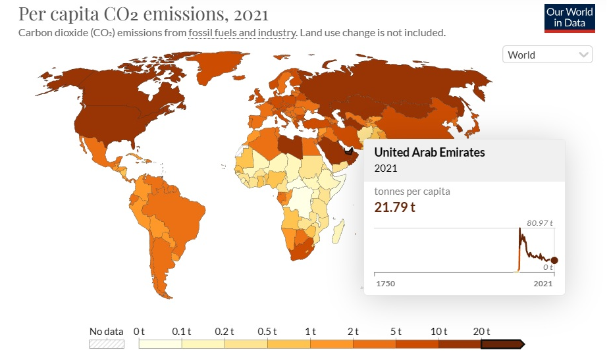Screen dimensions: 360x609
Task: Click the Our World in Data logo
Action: (569, 18)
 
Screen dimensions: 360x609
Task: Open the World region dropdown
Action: (547, 55)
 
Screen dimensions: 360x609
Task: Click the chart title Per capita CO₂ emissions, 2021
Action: (144, 13)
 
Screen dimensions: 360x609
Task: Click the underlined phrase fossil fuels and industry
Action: (242, 32)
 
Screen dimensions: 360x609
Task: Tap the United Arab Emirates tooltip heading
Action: (429, 152)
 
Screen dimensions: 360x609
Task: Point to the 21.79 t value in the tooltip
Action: (395, 207)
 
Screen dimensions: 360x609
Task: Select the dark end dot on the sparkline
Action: (554, 261)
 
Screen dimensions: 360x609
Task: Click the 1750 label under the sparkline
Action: (385, 284)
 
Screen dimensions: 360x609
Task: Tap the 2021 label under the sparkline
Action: (543, 284)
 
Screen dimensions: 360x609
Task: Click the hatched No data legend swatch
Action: (107, 344)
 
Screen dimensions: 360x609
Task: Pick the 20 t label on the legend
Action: (483, 331)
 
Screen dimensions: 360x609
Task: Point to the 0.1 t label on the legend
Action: (181, 331)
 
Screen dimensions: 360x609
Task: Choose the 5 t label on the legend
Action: (396, 331)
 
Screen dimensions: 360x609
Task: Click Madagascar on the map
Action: (338, 230)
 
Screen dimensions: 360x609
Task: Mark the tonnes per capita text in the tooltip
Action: (412, 192)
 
